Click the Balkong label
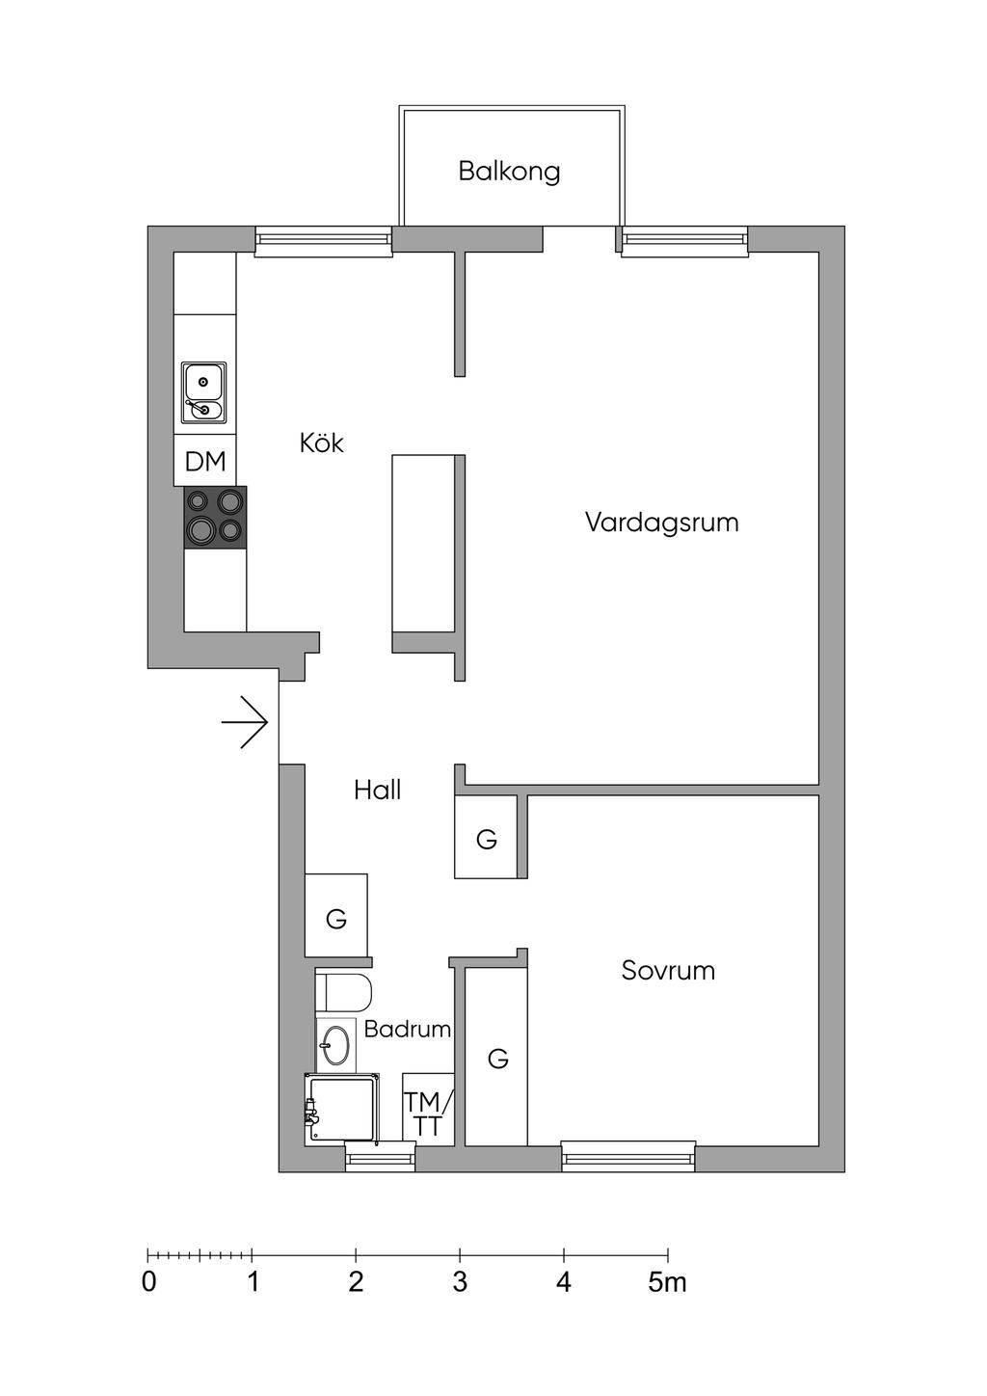pyautogui.click(x=509, y=172)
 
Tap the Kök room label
pyautogui.click(x=321, y=443)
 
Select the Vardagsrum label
pyautogui.click(x=661, y=523)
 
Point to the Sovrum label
pyautogui.click(x=668, y=970)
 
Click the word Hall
pyautogui.click(x=377, y=791)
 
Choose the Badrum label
pyautogui.click(x=408, y=1029)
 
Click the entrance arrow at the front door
pyautogui.click(x=245, y=722)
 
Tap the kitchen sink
pyautogui.click(x=204, y=393)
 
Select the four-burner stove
pyautogui.click(x=215, y=517)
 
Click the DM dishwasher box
pyautogui.click(x=205, y=462)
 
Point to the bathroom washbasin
pyautogui.click(x=335, y=1043)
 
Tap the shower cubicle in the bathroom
pyautogui.click(x=341, y=1109)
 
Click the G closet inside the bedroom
pyautogui.click(x=497, y=1059)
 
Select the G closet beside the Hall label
pyautogui.click(x=487, y=840)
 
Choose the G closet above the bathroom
pyautogui.click(x=336, y=919)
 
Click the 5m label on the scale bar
pyautogui.click(x=667, y=1282)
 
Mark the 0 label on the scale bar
pyautogui.click(x=148, y=1282)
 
